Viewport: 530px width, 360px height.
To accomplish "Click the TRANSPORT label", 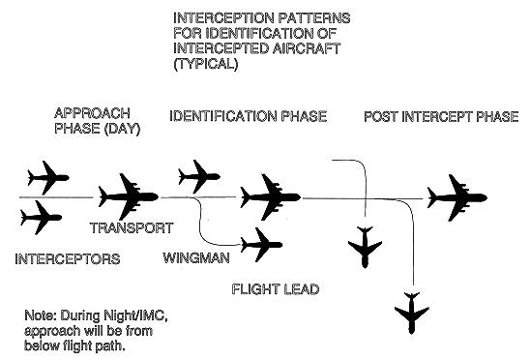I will pyautogui.click(x=131, y=229).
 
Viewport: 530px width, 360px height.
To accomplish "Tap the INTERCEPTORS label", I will pyautogui.click(x=68, y=260).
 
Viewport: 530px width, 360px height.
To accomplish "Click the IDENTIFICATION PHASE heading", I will pyautogui.click(x=248, y=117).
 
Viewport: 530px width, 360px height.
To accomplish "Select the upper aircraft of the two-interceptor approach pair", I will pyautogui.click(x=45, y=177).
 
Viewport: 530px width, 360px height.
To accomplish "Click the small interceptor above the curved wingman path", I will pyautogui.click(x=198, y=176).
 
